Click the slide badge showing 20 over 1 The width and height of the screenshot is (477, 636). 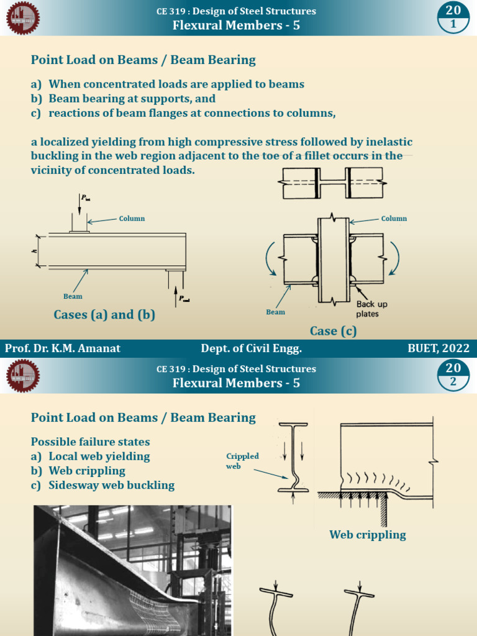tap(453, 17)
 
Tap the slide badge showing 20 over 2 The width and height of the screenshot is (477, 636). tap(453, 375)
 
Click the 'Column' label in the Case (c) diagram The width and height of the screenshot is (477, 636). tap(394, 219)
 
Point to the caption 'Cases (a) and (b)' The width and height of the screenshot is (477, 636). tap(104, 314)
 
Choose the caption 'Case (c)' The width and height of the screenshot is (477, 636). tap(334, 331)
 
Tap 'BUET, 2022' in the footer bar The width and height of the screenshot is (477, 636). tap(438, 348)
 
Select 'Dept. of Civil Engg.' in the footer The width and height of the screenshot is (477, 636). tap(251, 348)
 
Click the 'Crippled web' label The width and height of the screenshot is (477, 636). tap(242, 461)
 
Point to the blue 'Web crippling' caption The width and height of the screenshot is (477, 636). tap(368, 535)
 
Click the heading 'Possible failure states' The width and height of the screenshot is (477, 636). tap(91, 442)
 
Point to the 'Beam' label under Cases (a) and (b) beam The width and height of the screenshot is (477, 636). tap(73, 296)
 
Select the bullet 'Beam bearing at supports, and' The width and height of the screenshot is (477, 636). tap(132, 99)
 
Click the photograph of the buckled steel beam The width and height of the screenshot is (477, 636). tap(132, 570)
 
